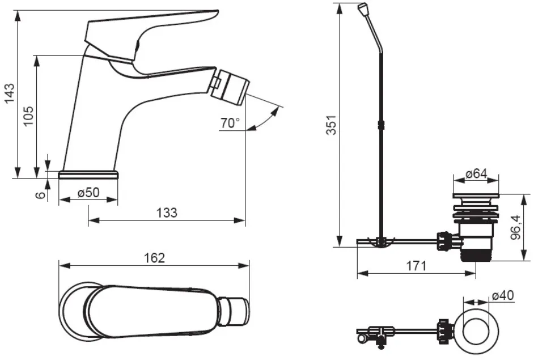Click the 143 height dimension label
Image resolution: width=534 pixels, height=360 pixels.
(x=10, y=92)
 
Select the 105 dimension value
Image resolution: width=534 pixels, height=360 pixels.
(x=28, y=116)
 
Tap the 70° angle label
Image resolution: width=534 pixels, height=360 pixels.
(x=230, y=123)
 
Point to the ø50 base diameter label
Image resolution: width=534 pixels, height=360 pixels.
(x=88, y=193)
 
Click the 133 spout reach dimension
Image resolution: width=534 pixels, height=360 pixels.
(x=167, y=213)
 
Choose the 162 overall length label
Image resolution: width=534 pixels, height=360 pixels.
(x=154, y=258)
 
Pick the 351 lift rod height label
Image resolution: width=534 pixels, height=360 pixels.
(x=332, y=125)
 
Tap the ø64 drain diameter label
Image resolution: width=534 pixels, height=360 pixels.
(x=476, y=173)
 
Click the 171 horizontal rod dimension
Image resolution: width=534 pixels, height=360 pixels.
(x=416, y=266)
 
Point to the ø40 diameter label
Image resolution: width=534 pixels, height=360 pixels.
(x=503, y=295)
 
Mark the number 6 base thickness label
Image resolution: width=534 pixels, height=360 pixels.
(x=40, y=195)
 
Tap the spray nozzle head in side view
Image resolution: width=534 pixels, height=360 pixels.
(x=230, y=86)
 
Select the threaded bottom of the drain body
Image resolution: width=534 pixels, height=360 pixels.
(x=476, y=255)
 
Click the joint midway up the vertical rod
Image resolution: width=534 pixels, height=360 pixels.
(x=381, y=125)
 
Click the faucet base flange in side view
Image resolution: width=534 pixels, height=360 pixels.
(x=88, y=174)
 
